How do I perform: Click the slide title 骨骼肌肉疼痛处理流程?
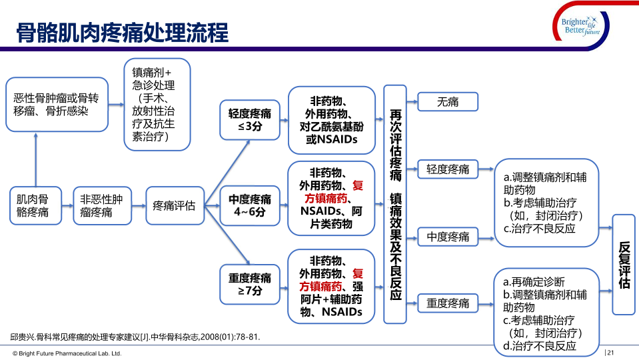[x=122, y=31]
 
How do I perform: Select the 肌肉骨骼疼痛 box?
[x=33, y=205]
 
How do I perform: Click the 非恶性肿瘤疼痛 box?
[x=101, y=205]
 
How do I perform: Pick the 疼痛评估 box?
[x=174, y=205]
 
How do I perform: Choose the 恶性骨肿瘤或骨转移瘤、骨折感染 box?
[x=56, y=105]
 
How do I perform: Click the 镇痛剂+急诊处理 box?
[x=157, y=104]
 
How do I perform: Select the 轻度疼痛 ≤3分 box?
[x=250, y=119]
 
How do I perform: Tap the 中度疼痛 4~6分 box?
[x=250, y=205]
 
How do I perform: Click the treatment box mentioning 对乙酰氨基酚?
[x=331, y=120]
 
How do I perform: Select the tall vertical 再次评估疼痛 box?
[x=395, y=205]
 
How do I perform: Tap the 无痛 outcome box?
[x=448, y=101]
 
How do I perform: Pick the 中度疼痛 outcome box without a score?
[x=448, y=237]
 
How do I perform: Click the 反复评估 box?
[x=624, y=264]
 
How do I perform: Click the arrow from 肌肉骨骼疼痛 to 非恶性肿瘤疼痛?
[x=65, y=205]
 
